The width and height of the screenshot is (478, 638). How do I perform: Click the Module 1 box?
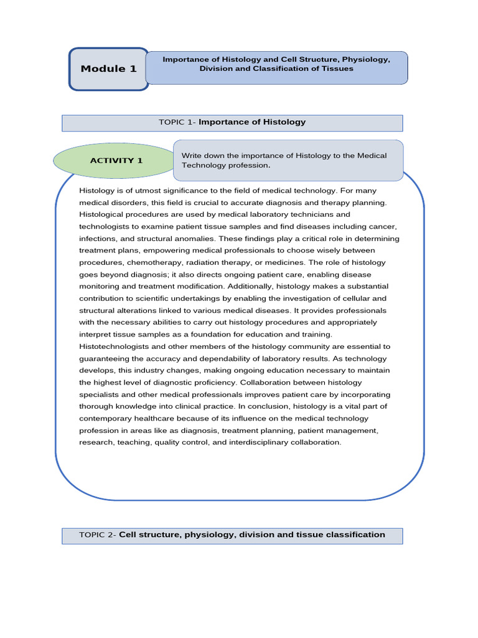pos(108,69)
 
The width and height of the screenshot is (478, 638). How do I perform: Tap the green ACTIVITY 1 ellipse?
pos(116,161)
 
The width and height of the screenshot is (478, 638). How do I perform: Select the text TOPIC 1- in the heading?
pos(177,122)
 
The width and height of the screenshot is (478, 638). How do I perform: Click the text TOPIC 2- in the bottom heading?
pos(98,535)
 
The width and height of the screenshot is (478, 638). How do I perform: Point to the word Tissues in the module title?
pos(338,69)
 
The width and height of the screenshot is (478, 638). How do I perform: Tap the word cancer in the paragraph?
pos(384,227)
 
